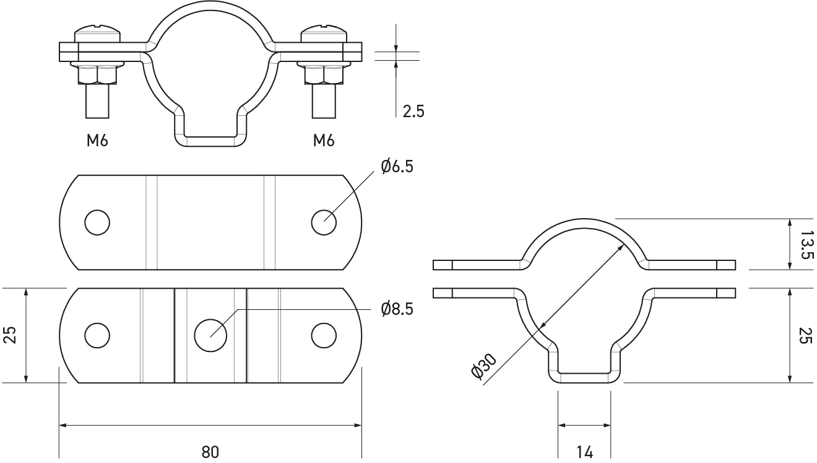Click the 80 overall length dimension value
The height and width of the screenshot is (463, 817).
210,452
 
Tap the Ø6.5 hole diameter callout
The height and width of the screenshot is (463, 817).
397,167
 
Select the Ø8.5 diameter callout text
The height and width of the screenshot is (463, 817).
397,309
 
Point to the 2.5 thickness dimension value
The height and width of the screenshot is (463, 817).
413,111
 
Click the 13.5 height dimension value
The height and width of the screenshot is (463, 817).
806,244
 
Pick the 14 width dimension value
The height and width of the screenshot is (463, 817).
585,452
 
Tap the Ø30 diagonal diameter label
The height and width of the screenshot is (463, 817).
484,366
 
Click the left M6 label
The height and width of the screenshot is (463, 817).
97,140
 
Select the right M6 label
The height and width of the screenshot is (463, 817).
324,140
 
